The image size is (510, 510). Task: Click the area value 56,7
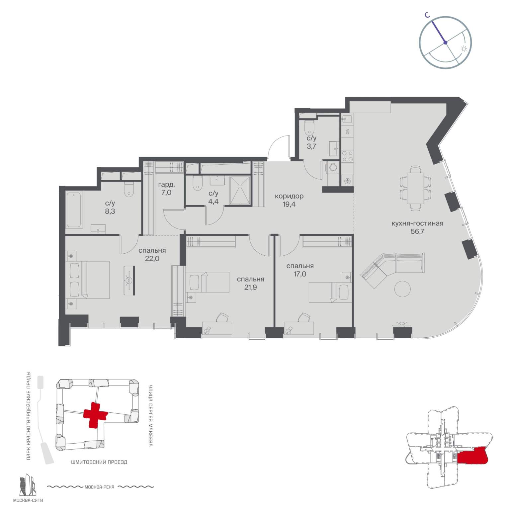point(417,231)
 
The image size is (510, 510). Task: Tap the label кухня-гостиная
point(417,223)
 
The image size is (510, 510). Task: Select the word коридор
point(289,196)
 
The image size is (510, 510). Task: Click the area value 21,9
point(251,287)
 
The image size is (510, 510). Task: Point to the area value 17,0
point(300,274)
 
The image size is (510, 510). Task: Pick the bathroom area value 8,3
point(110,211)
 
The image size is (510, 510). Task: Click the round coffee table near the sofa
point(402,289)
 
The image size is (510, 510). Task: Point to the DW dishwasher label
point(347,132)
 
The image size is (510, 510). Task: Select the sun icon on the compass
point(464,48)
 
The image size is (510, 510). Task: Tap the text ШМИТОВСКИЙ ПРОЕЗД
point(99,462)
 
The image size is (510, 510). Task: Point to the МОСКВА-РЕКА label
point(99,487)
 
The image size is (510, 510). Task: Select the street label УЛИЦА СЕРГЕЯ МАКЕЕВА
point(150,415)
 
